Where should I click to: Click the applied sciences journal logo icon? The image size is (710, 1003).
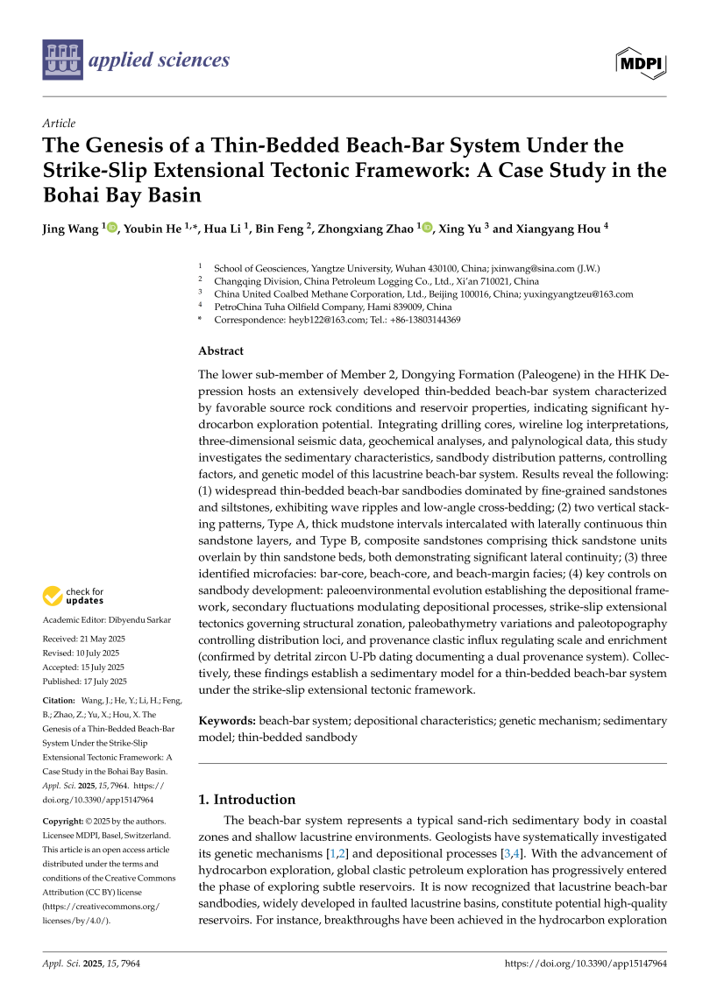click(x=61, y=60)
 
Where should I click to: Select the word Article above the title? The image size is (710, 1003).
click(x=59, y=124)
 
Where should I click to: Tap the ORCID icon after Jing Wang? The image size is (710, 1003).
click(x=111, y=228)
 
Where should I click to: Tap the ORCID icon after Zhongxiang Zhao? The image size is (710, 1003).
click(x=427, y=228)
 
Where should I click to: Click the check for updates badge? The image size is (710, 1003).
click(x=73, y=597)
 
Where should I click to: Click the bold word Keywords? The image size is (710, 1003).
click(x=227, y=720)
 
